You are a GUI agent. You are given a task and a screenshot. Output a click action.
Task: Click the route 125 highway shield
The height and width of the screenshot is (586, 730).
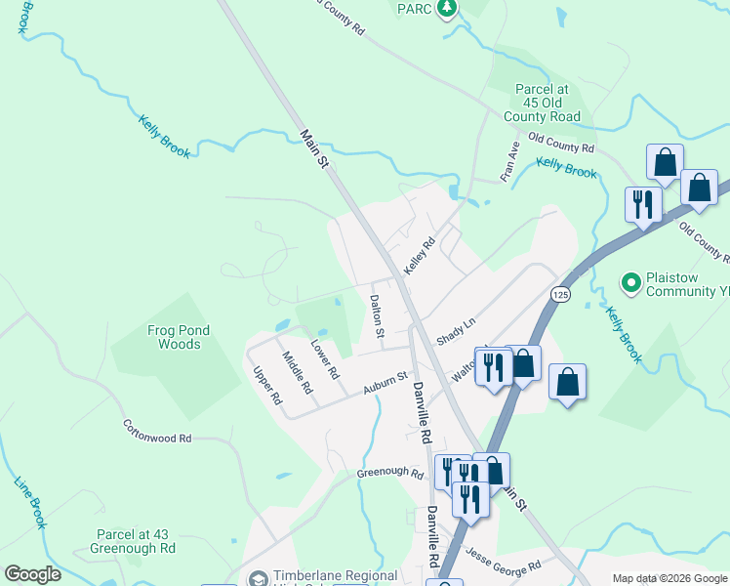[x=559, y=294]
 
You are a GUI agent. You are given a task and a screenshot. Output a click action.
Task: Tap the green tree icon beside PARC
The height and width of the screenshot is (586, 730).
[x=447, y=9]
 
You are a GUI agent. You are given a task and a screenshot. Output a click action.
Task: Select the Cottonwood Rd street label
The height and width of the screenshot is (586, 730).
[x=156, y=432]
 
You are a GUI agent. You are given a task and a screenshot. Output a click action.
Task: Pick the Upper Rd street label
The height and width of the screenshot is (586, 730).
[x=266, y=386]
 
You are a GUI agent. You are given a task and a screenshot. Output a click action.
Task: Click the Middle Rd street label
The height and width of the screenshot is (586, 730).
[x=297, y=372]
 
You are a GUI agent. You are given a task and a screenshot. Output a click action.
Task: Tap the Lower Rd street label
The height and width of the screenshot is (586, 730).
[x=325, y=360]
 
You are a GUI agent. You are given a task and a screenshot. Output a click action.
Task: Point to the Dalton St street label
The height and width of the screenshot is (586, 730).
[x=378, y=317]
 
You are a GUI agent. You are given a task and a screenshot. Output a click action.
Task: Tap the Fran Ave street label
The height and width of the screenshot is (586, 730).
[x=508, y=161]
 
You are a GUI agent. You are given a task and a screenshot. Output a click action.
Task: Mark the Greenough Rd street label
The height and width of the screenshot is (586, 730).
[x=390, y=475]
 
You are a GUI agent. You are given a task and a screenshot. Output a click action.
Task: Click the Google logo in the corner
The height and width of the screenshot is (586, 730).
[x=32, y=574]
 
